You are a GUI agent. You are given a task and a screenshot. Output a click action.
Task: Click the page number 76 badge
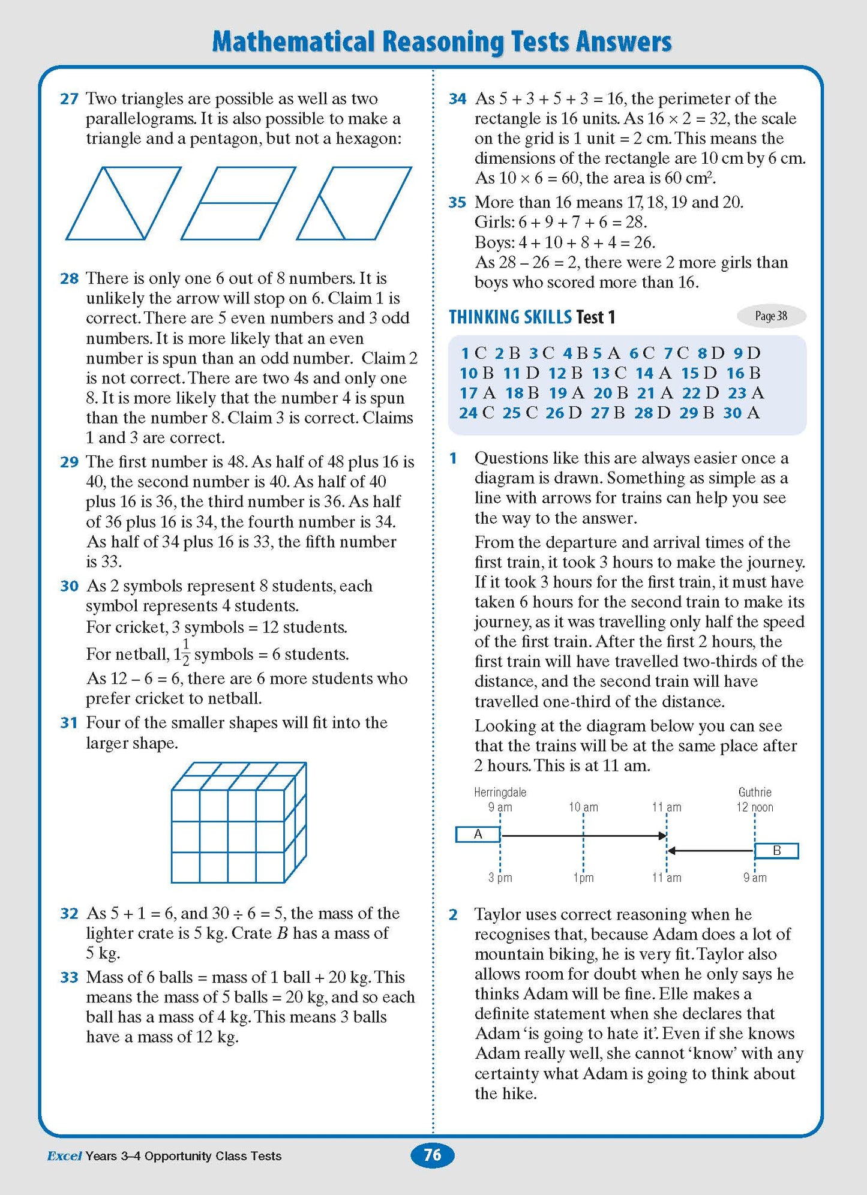432,1155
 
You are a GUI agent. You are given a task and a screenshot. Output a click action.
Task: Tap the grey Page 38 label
771,316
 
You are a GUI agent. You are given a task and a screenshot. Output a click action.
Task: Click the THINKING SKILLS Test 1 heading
532,317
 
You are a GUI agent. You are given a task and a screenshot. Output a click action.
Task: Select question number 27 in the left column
69,99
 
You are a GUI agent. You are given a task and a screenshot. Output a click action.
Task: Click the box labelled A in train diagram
478,834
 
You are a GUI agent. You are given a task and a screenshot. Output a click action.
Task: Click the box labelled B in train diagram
776,851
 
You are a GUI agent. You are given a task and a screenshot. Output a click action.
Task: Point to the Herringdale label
500,792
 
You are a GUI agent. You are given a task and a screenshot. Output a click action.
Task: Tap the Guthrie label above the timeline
754,792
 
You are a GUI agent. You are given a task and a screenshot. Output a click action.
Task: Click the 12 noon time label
754,807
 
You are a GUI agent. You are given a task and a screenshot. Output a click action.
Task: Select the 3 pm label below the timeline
500,878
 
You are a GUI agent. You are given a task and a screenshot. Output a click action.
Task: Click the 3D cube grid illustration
239,822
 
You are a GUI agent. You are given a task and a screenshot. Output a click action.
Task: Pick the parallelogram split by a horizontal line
238,203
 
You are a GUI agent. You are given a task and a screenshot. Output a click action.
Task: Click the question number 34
457,99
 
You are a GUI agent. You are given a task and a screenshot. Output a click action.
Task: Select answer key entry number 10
468,373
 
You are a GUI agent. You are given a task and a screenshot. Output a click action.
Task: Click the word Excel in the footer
64,1156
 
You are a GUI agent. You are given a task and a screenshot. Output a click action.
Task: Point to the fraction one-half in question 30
186,653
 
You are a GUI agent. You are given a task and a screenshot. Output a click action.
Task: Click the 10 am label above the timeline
583,807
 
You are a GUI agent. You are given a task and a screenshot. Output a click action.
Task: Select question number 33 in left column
69,978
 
